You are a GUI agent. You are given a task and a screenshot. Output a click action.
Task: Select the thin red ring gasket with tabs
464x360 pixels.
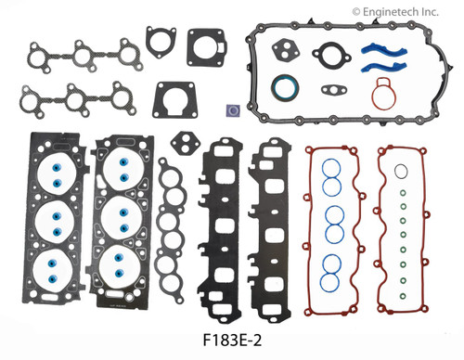click(384, 94)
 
